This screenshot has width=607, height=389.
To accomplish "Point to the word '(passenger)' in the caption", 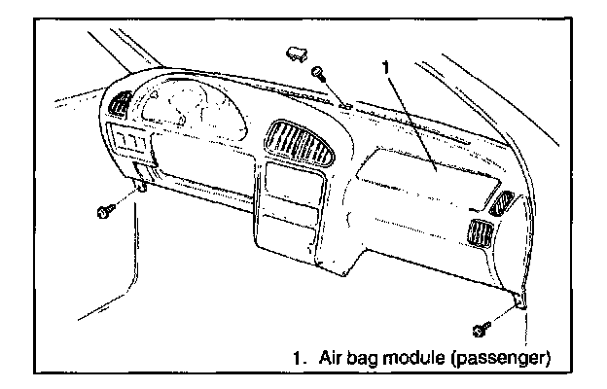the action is (506, 357).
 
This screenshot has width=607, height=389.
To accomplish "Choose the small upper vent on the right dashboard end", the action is (503, 203).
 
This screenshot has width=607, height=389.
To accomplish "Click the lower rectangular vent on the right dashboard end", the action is (479, 234).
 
